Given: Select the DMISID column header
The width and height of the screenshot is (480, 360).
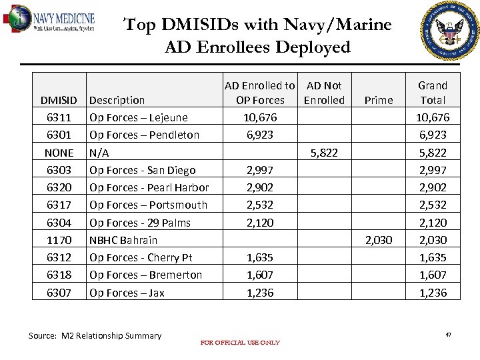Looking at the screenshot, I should pos(59,101).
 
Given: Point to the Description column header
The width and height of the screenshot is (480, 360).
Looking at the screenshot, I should pos(117,101).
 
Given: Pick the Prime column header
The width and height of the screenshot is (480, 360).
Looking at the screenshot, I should pos(379,101).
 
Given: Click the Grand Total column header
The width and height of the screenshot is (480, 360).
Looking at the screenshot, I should pos(432,93).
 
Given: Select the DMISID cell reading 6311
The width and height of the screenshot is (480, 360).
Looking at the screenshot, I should pos(59,118).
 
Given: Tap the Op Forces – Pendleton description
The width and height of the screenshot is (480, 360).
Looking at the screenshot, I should pos(144,135).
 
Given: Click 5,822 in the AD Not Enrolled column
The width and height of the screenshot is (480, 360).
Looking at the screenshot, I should pos(324,153).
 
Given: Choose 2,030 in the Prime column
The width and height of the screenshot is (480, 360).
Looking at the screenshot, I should pos(379,240).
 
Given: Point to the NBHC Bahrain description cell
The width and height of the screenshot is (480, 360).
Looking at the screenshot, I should pos(123,240).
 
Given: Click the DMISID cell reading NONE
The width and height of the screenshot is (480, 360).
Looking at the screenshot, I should pos(59,153).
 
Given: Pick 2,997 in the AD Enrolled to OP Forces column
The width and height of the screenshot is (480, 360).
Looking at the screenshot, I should pos(259,171).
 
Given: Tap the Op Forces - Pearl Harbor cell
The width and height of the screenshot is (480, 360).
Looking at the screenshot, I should pos(149,188).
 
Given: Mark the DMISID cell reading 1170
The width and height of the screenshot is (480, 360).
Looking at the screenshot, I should pos(59,240).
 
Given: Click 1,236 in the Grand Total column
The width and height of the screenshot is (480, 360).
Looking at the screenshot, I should pos(433,293).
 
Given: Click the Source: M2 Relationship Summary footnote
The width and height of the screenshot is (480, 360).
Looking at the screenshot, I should pos(95,336).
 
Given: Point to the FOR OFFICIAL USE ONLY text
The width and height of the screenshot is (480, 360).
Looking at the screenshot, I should pos(240,343).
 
